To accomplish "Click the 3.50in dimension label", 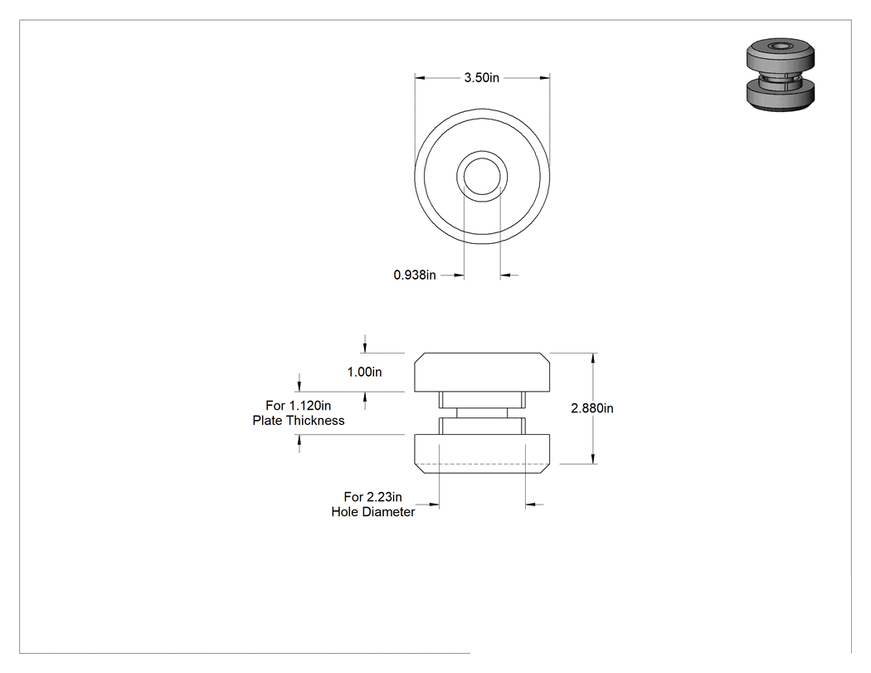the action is pos(482,78).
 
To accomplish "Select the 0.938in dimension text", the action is pos(415,275).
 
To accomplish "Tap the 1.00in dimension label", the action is pos(364,372).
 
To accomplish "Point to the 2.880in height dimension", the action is pos(592,408).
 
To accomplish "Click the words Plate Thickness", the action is pos(299,421).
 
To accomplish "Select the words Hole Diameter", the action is pos(372,512).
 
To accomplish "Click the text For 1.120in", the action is pos(299,405).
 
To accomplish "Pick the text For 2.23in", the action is pos(372,497).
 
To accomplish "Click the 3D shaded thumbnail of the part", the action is pos(781,75).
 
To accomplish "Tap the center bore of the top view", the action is pos(482,176).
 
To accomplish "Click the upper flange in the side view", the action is pos(482,372).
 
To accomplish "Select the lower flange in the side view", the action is pos(482,453).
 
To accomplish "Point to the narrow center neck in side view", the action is pos(482,413).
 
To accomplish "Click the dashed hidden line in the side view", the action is pos(482,464).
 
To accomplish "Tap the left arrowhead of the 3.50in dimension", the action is pos(420,78).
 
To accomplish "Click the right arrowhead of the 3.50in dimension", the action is pos(545,78).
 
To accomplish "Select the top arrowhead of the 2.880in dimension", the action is pos(594,358).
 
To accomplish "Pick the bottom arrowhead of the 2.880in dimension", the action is pos(594,458).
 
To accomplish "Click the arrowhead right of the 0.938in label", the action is pos(505,275).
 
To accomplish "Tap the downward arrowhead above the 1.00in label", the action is pos(364,348).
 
